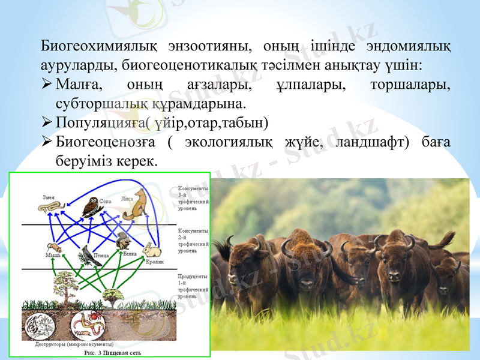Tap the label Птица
pos(101,256)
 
